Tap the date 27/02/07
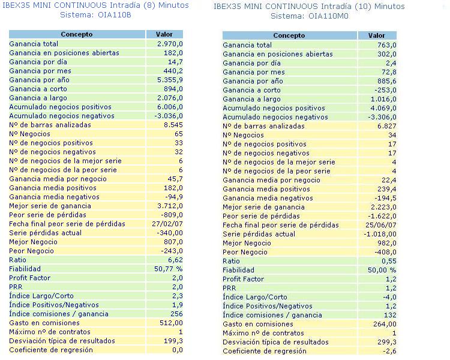pos(167,224)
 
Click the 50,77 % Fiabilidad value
pos(168,269)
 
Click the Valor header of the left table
pos(164,35)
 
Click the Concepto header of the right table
pos(289,36)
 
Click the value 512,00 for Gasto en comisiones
pos(170,323)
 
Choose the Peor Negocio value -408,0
pos(385,252)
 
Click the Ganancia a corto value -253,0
pos(385,90)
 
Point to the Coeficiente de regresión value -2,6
pos(390,351)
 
